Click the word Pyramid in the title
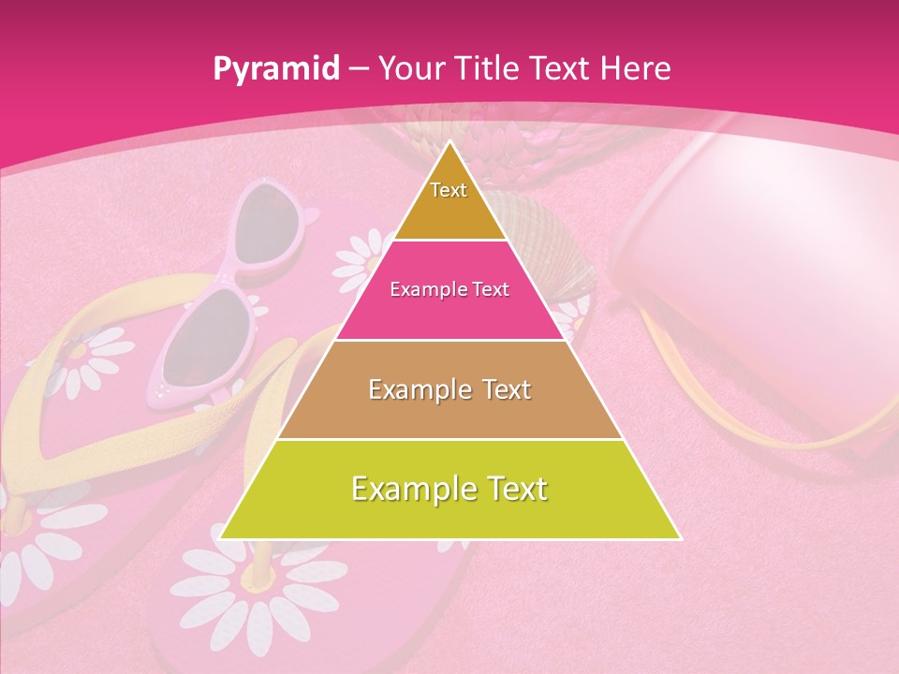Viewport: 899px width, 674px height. click(276, 69)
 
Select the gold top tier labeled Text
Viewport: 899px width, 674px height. click(449, 201)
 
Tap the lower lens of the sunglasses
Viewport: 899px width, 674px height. click(201, 332)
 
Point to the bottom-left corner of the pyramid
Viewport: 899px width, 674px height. click(221, 538)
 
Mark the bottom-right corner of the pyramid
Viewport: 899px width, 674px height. click(680, 538)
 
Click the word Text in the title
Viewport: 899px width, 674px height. click(560, 69)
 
